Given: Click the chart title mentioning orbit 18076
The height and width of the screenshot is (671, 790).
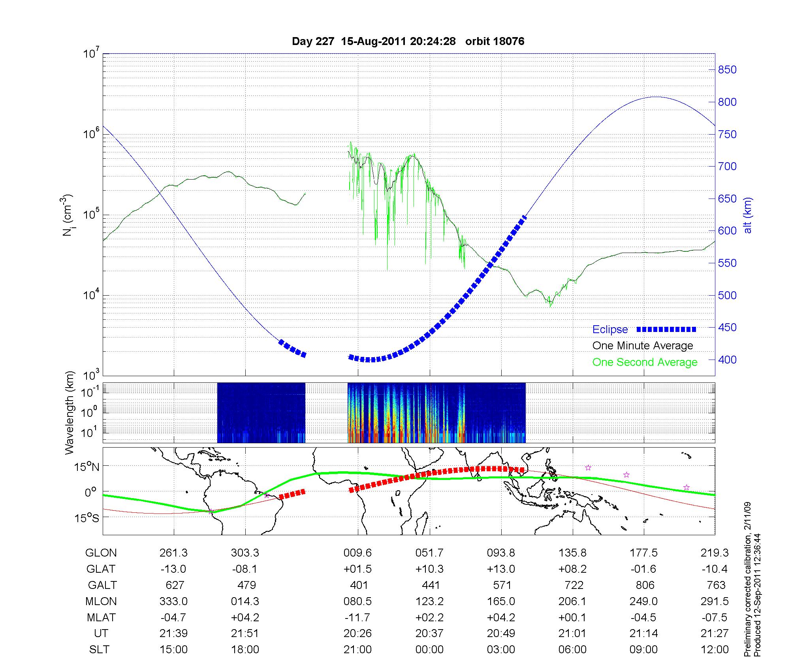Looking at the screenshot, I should point(408,41).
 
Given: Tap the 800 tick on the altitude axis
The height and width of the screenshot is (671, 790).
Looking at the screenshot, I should point(727,102).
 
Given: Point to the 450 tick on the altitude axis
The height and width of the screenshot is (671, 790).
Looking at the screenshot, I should point(727,328).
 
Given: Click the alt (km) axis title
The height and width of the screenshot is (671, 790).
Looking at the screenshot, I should point(748,215).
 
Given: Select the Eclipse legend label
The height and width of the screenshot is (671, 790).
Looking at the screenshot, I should point(610,330).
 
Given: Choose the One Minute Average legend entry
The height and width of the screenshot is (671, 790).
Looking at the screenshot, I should point(643,346).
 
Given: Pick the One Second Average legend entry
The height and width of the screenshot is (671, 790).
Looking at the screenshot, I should point(645,362).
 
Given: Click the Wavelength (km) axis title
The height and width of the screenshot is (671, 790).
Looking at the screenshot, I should point(70,412).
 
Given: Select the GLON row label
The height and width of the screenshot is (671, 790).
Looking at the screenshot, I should point(101,553).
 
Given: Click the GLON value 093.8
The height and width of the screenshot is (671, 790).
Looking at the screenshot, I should point(501,553).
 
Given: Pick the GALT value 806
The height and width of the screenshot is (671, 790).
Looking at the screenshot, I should point(645,585).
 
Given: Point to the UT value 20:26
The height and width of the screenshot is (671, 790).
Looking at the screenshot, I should point(357,634).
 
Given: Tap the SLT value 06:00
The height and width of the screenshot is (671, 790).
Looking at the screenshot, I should point(572,650).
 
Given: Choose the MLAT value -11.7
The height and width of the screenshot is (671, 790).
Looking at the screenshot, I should point(357,617).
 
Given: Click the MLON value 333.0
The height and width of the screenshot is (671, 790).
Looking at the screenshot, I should point(173,601).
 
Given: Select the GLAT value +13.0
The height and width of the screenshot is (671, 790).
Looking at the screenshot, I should point(501,569).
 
